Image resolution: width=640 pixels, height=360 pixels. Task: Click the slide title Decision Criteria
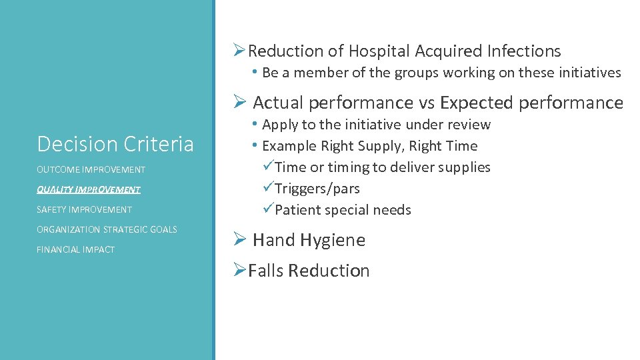click(115, 144)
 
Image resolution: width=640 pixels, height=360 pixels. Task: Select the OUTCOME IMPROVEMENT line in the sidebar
click(91, 170)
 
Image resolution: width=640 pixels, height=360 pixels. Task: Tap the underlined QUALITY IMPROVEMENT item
click(89, 190)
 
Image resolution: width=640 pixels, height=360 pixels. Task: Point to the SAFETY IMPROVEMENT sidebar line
click(84, 210)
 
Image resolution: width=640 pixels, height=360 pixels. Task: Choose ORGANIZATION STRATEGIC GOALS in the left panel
click(107, 230)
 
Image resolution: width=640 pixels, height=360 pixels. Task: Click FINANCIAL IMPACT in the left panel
click(75, 250)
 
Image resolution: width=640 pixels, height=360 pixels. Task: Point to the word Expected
click(475, 103)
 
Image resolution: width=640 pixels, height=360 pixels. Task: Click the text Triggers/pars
click(317, 189)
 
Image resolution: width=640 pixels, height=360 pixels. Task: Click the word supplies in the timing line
click(465, 167)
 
